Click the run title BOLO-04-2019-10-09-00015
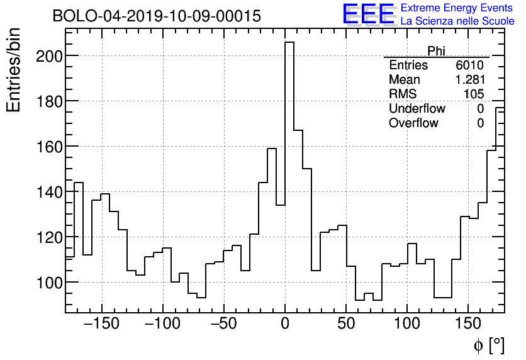pos(157,16)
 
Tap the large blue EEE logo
pos(368,14)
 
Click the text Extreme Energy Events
pos(457,8)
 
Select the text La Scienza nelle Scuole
pos(457,21)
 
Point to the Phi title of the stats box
pos(436,51)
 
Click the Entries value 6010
pos(469,65)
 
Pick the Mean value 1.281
pos(469,80)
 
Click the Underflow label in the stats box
pos(417,109)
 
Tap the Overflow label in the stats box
pos(413,123)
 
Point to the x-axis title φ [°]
pos(489,345)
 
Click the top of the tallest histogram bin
pos(289,42)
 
